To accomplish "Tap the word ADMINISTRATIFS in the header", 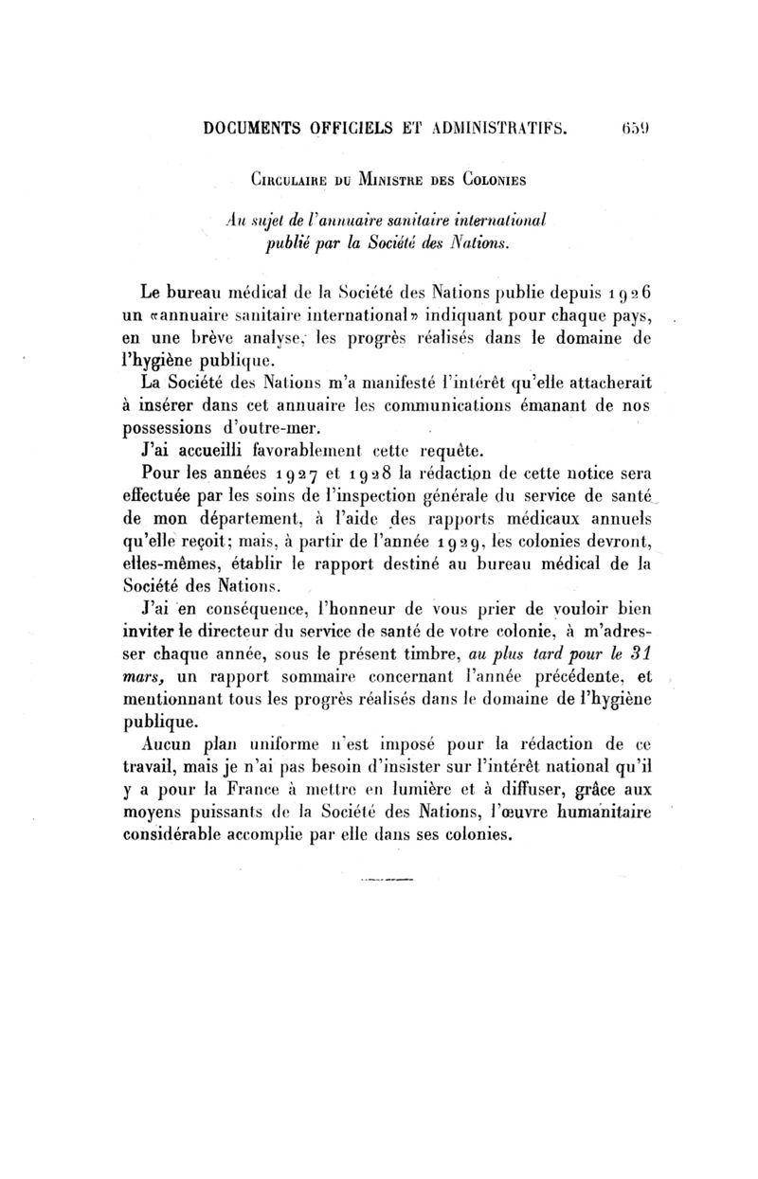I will (x=497, y=125).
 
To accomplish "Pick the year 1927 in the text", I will (x=273, y=473).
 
